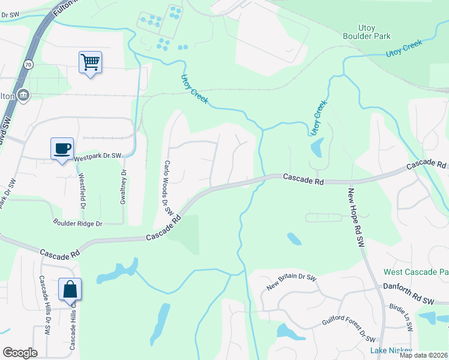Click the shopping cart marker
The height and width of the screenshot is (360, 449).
click(x=90, y=62)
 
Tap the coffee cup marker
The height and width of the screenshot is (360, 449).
click(x=62, y=148)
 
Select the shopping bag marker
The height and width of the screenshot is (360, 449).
click(x=70, y=289)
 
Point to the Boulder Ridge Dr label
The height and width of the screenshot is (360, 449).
click(x=78, y=223)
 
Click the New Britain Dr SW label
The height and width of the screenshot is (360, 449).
click(x=292, y=279)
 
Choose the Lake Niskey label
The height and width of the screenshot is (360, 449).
click(x=391, y=350)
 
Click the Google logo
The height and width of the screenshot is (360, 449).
click(x=20, y=353)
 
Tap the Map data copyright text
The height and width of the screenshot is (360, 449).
click(x=423, y=355)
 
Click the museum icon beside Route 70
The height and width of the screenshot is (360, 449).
click(x=23, y=94)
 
